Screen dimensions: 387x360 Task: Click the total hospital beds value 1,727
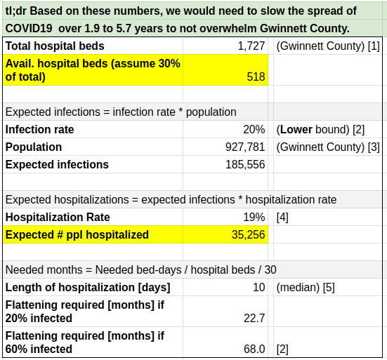click(x=251, y=46)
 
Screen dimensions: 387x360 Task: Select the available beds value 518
click(x=256, y=76)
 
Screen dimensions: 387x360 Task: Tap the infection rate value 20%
click(x=254, y=129)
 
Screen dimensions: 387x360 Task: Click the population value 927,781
click(x=245, y=147)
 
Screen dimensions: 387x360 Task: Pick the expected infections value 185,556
click(x=245, y=164)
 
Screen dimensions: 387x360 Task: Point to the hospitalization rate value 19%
click(x=254, y=218)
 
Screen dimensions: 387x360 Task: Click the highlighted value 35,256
click(x=249, y=235)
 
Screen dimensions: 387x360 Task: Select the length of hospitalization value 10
click(x=259, y=288)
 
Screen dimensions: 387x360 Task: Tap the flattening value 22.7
click(x=254, y=318)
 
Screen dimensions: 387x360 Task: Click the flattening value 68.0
click(x=254, y=349)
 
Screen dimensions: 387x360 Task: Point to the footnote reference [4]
click(x=282, y=218)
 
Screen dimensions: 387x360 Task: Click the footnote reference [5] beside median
click(x=329, y=288)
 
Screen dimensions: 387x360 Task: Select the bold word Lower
click(x=296, y=129)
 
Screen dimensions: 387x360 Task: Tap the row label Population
click(x=34, y=147)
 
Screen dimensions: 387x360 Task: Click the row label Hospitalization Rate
click(x=58, y=218)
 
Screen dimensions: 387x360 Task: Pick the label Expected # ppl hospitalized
click(x=77, y=235)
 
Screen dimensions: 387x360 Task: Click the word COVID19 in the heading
click(x=29, y=29)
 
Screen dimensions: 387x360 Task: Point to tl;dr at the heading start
click(x=15, y=11)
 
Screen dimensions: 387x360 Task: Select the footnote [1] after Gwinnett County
click(x=374, y=46)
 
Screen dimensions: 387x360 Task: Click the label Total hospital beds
click(x=55, y=46)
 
